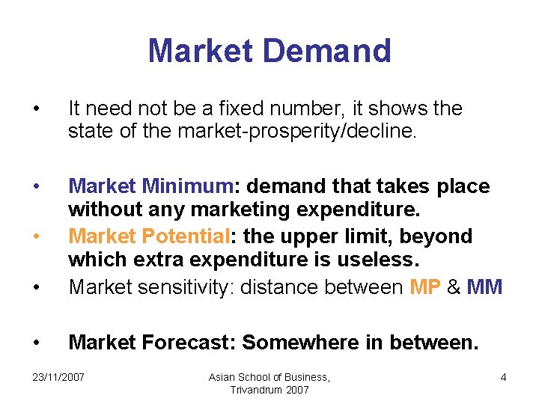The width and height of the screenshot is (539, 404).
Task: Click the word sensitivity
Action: pos(179,287)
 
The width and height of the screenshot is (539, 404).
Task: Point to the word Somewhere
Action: pos(296,343)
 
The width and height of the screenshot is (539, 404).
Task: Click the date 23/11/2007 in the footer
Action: pos(59,378)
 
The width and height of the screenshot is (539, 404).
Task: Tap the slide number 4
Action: pos(503,378)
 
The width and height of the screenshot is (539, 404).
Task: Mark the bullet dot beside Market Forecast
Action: pos(37,343)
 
